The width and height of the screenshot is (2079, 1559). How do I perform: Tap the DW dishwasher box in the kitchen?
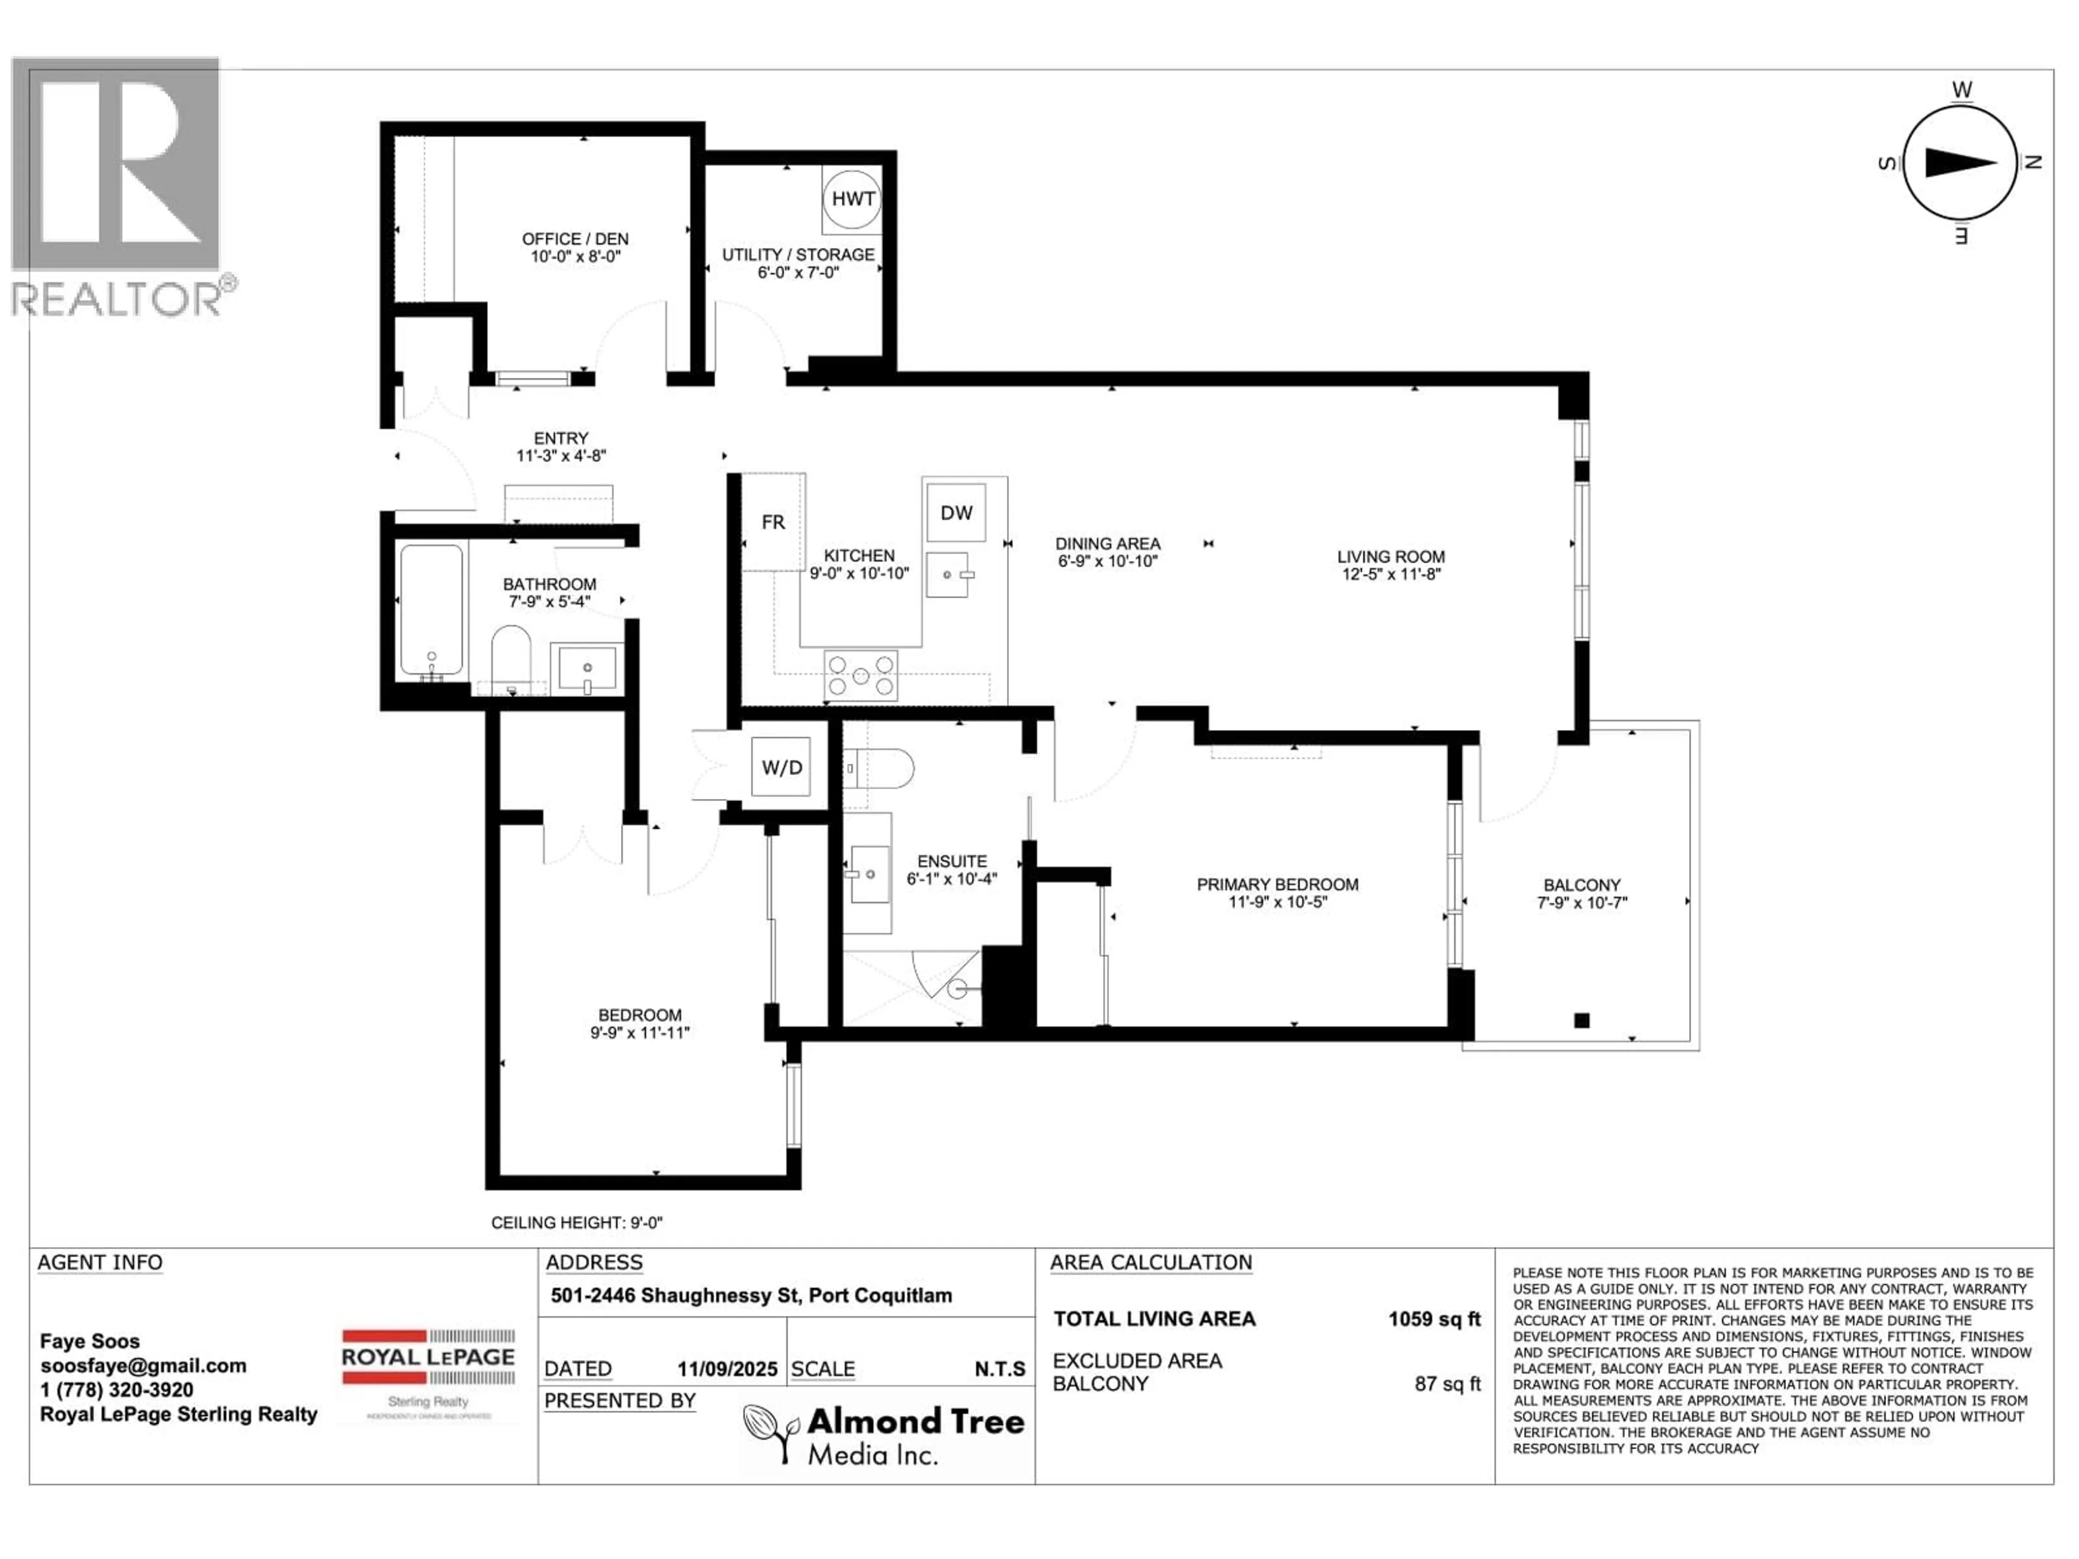click(x=956, y=513)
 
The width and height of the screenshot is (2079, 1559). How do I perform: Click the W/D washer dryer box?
click(x=782, y=768)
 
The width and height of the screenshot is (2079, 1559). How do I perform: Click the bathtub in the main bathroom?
click(x=432, y=610)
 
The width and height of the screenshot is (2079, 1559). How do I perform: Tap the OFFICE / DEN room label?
click(x=575, y=240)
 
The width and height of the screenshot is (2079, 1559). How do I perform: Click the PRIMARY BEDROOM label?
click(x=1277, y=885)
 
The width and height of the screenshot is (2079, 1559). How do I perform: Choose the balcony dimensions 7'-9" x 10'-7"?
click(x=1582, y=903)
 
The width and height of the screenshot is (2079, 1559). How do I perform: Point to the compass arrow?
click(x=1960, y=162)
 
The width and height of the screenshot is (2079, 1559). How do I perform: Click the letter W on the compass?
click(x=1962, y=90)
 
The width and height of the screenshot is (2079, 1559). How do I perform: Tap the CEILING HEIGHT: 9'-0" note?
click(x=577, y=1223)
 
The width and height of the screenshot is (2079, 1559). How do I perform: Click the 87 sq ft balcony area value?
click(x=1447, y=1384)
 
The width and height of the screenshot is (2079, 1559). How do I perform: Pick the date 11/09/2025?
click(x=728, y=1369)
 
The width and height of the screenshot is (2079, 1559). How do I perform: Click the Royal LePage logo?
click(x=428, y=1358)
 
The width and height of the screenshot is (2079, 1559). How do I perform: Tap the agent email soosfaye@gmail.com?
click(x=143, y=1365)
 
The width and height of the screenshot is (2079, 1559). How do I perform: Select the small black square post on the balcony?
click(x=1582, y=1020)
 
